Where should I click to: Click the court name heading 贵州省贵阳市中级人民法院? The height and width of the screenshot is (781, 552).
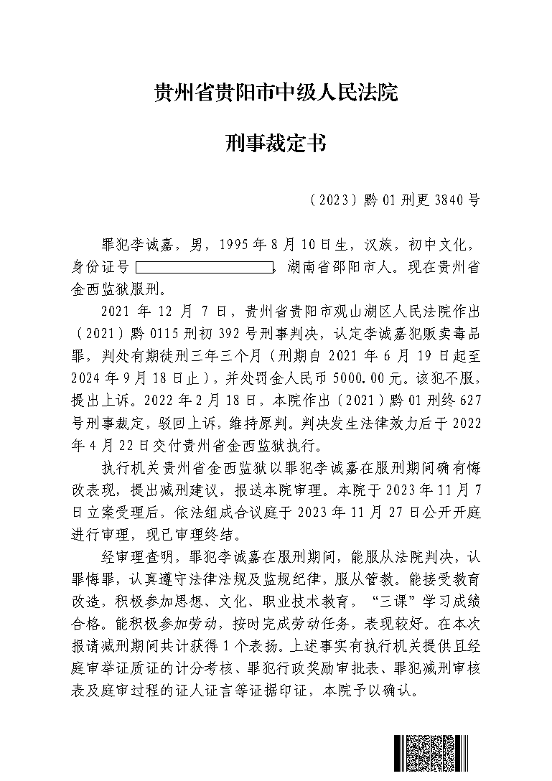(x=276, y=93)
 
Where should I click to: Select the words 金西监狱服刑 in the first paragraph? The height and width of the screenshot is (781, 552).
(x=118, y=290)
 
